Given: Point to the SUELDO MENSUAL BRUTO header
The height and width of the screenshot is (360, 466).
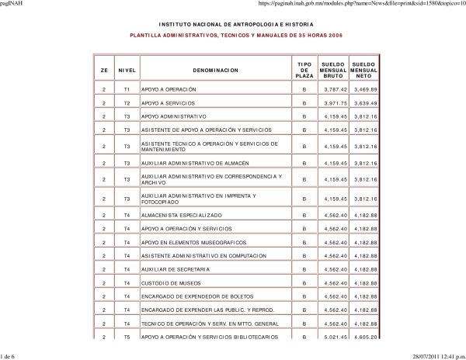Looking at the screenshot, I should pyautogui.click(x=333, y=70).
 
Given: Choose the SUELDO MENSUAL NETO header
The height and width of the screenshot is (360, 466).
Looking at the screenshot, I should pyautogui.click(x=363, y=70).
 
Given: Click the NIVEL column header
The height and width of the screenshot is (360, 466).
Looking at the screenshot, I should pyautogui.click(x=127, y=70).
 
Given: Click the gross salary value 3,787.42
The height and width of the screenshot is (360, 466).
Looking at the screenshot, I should pyautogui.click(x=336, y=90).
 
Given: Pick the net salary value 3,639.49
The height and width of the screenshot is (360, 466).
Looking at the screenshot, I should pyautogui.click(x=364, y=102).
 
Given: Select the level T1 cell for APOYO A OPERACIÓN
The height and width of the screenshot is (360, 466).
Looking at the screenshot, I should pyautogui.click(x=127, y=90).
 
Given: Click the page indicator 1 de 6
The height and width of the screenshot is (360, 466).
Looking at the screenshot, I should pyautogui.click(x=11, y=355).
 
